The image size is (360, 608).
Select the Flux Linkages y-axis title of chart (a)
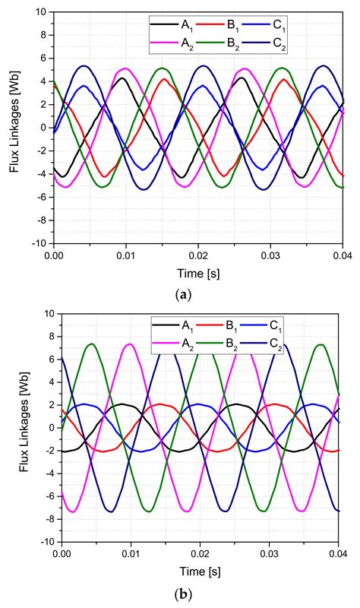coord(14,128)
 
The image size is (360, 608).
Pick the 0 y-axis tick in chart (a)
coord(43,128)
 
